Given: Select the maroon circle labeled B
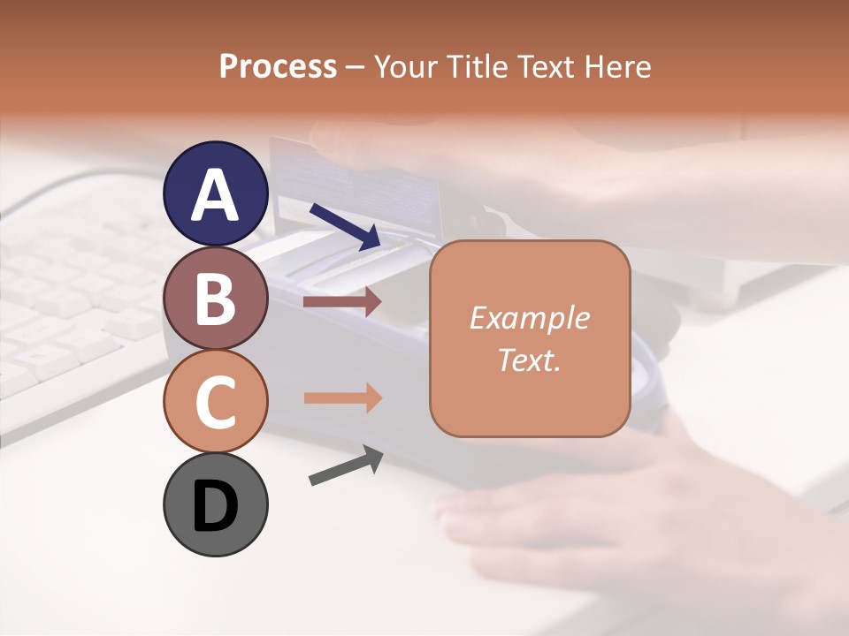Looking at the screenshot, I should coord(216,299).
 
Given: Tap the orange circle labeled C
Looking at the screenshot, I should coord(216,401).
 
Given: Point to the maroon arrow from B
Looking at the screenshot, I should coord(342,302).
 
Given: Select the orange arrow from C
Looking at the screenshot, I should coord(342,398).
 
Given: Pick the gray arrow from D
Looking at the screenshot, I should coord(346,466).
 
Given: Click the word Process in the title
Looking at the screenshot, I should coord(278,66).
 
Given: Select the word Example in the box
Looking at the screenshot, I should coord(529,319).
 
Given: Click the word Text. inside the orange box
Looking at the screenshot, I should coord(529,360).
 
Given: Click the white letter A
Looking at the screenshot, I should coord(216,195).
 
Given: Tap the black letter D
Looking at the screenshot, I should coord(216,506).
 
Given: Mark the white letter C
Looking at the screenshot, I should coord(216,403).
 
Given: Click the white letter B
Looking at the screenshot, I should coord(216,299).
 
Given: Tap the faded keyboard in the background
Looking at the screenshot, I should coord(80,291).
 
